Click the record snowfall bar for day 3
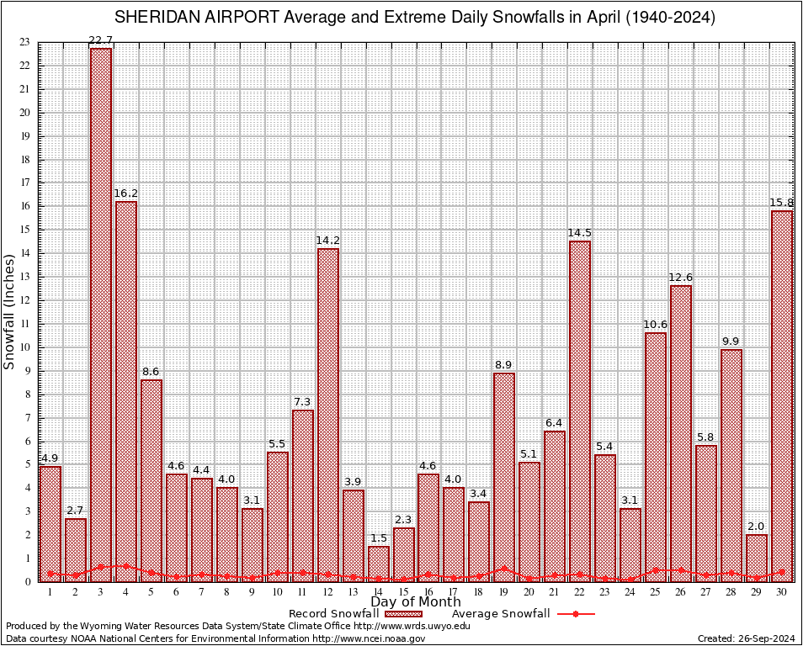tap(101, 311)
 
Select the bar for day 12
tap(328, 412)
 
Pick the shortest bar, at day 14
tap(379, 562)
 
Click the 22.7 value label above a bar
tap(101, 40)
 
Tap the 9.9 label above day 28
tap(731, 342)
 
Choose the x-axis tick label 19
tap(504, 592)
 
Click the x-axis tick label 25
tap(656, 592)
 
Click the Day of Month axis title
tap(416, 602)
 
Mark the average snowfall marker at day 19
tap(504, 569)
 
